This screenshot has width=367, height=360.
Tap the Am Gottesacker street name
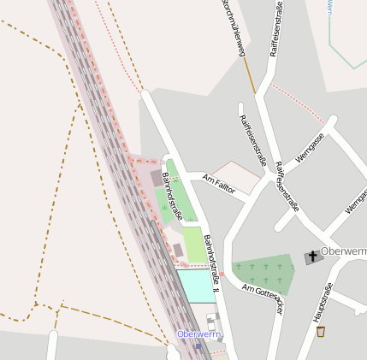tap(262, 299)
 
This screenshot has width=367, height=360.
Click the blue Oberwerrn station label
tap(198, 333)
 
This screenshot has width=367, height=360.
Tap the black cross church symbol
tap(313, 257)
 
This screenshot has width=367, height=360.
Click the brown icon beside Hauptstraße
tap(321, 331)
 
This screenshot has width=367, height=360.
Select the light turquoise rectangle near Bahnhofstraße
tap(194, 285)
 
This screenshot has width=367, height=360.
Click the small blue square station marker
tap(198, 346)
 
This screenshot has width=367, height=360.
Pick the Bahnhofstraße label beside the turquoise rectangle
tap(215, 265)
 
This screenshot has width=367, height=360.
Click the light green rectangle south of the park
tap(194, 245)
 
